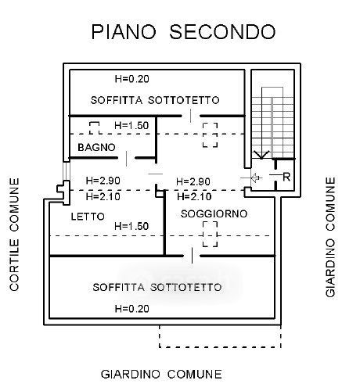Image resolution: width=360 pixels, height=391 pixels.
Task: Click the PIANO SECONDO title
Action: point(183,32)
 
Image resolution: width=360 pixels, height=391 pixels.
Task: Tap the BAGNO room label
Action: point(96,148)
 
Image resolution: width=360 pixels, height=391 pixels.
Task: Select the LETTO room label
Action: point(88,217)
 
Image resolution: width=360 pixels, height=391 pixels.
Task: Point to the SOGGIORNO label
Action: point(214,213)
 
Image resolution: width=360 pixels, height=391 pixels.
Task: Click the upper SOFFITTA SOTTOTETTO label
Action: point(155,100)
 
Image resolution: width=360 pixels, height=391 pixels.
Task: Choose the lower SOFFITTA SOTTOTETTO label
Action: point(157,287)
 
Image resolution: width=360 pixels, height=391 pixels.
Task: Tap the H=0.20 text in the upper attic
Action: point(132,79)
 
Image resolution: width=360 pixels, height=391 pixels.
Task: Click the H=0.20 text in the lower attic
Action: point(132,309)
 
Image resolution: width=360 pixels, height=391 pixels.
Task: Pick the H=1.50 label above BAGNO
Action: point(131,126)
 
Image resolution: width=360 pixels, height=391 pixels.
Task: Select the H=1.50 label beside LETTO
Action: point(131,226)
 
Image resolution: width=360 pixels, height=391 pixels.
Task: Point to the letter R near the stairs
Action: point(286,178)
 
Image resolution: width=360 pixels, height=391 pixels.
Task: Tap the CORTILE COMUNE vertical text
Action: point(15,234)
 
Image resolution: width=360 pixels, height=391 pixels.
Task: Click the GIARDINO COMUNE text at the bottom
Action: point(161,375)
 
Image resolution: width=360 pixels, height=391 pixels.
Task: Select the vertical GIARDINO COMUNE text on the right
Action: point(330,237)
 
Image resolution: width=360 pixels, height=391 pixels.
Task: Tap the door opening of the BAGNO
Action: point(127,158)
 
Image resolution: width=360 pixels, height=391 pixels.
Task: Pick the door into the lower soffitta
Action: point(192,256)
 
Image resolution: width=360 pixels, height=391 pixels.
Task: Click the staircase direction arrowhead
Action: point(261,155)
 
